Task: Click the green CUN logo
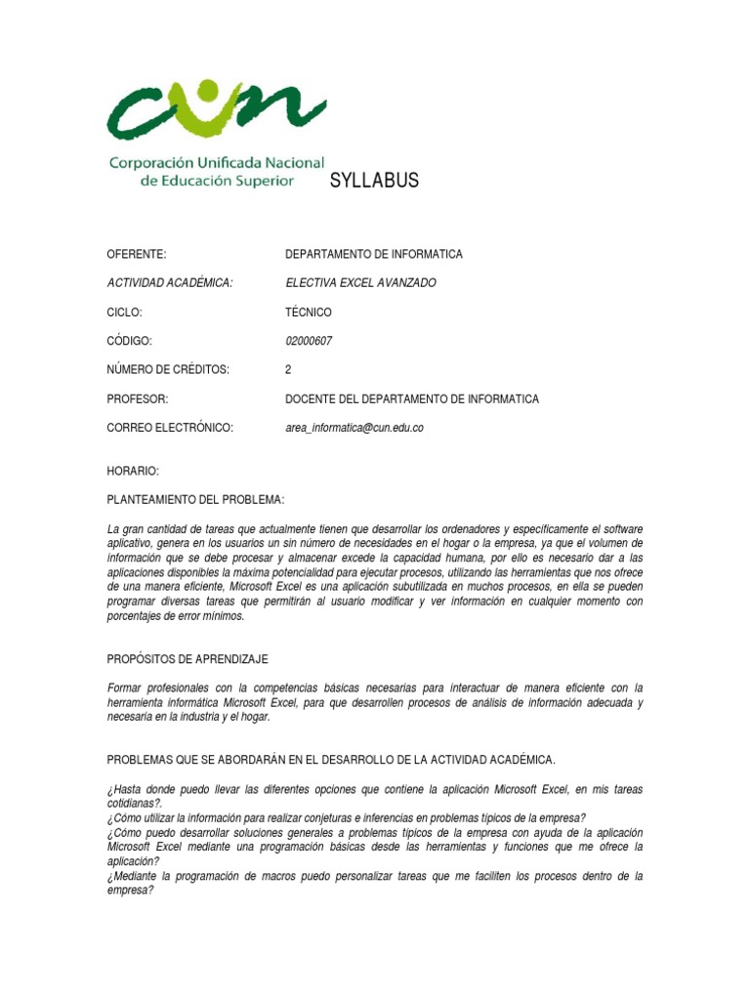point(216,107)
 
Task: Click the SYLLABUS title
point(375,180)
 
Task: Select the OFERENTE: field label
point(137,254)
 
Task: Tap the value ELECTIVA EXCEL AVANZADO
point(360,283)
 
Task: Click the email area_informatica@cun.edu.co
point(354,428)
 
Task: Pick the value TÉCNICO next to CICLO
point(309,312)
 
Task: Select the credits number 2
point(288,370)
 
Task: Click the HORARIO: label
point(133,471)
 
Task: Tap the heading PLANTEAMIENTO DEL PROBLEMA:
point(195,500)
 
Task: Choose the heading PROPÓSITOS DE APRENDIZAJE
point(187,659)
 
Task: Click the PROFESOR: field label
point(138,399)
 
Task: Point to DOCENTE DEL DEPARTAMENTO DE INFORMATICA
point(411,399)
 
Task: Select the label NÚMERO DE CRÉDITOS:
point(168,370)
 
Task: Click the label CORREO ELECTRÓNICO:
point(170,428)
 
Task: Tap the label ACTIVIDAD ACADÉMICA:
point(170,283)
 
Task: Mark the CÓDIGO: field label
point(130,341)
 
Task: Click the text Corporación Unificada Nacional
point(216,163)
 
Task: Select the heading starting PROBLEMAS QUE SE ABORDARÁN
point(331,760)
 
